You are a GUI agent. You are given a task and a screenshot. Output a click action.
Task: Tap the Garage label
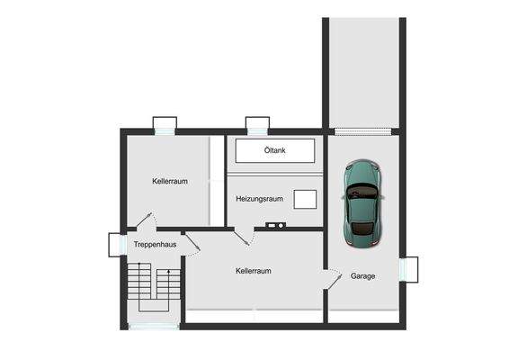click(363, 276)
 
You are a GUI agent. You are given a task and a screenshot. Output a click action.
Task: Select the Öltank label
click(275, 150)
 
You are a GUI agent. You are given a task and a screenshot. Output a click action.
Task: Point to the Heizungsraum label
click(260, 198)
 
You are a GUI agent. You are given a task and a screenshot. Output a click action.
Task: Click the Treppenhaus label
click(155, 245)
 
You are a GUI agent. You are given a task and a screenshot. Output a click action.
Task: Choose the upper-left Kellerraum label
click(170, 181)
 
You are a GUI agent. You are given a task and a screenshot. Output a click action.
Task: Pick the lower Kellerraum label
click(254, 271)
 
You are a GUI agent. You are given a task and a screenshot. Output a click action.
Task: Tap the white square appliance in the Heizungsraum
click(306, 198)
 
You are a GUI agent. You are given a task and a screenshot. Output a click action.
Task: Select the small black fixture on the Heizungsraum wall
click(274, 224)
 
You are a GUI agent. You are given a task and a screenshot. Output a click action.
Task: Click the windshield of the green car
click(362, 192)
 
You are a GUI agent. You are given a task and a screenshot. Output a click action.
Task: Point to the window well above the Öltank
click(258, 124)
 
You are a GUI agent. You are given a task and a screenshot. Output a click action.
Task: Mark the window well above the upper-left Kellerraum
click(165, 124)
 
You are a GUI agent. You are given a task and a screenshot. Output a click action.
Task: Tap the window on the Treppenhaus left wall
click(116, 245)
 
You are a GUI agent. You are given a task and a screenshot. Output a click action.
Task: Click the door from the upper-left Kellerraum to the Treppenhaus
click(147, 220)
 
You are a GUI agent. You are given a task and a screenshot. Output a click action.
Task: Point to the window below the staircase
click(154, 325)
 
